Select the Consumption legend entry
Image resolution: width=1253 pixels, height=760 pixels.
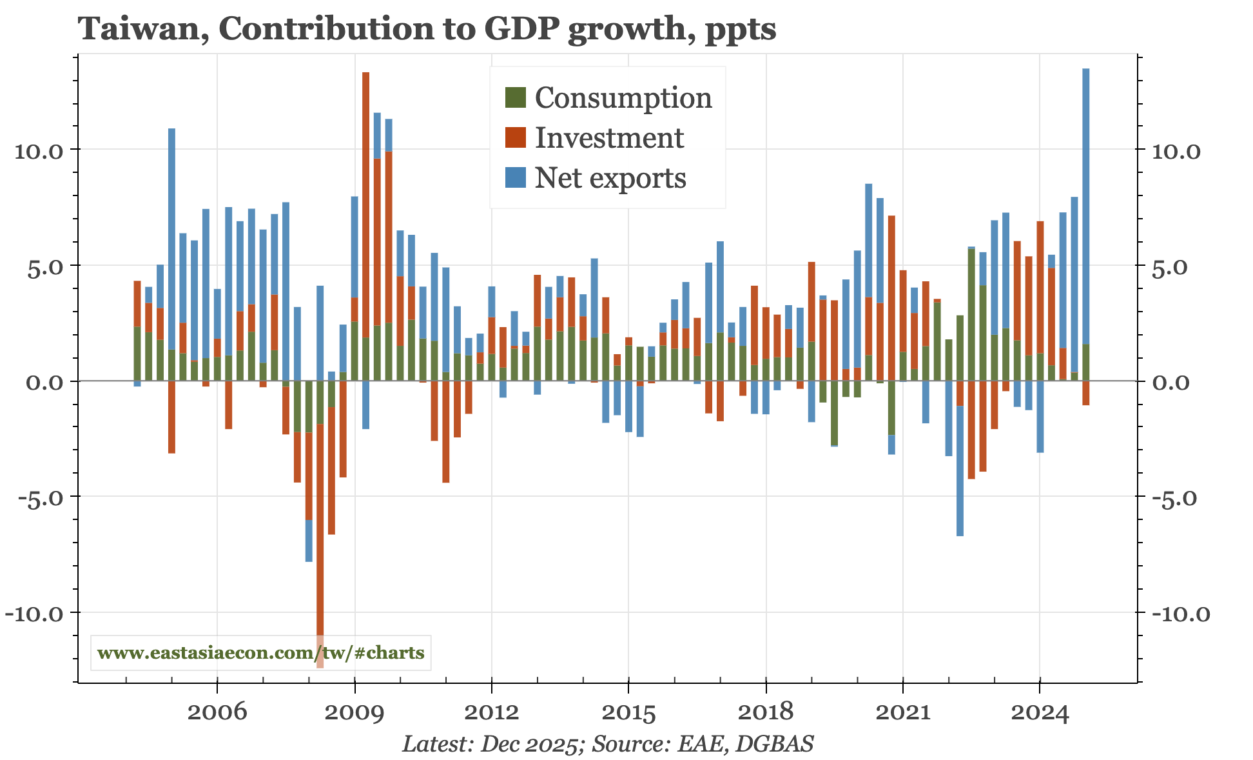tap(623, 98)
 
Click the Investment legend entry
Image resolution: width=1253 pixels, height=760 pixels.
tap(609, 138)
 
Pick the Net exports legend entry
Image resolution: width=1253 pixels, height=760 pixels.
tap(610, 178)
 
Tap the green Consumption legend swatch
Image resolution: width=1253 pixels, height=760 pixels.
tap(516, 98)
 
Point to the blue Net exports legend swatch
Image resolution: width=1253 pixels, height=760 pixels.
tap(516, 178)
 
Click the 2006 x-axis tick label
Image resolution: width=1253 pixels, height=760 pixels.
tap(217, 712)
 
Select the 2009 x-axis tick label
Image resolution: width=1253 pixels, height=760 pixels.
tap(355, 712)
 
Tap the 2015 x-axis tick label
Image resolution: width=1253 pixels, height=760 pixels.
tap(628, 712)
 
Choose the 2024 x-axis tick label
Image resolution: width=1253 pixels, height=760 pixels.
tap(1040, 712)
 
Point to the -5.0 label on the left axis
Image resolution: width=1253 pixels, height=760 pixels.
tap(37, 497)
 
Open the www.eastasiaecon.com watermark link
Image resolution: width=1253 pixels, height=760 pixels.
tap(260, 653)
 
